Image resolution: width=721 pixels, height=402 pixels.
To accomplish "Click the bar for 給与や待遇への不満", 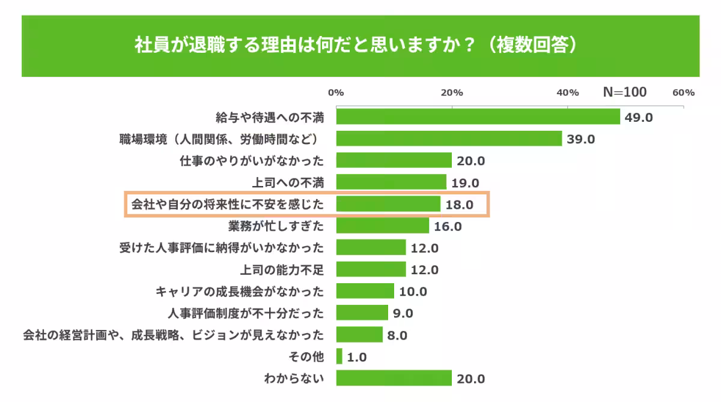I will pyautogui.click(x=478, y=117).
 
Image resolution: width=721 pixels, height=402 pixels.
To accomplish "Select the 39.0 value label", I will pyautogui.click(x=580, y=139).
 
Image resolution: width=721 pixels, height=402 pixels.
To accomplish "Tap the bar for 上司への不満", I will pyautogui.click(x=391, y=182).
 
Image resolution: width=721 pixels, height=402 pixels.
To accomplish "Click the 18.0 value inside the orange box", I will pyautogui.click(x=460, y=205).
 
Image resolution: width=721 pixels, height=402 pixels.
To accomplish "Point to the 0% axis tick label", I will pyautogui.click(x=335, y=92).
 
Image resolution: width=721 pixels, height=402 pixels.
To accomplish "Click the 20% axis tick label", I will pyautogui.click(x=451, y=92).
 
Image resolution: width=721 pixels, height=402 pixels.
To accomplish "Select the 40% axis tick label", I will pyautogui.click(x=567, y=92).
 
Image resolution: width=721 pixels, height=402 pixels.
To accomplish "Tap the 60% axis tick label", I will pyautogui.click(x=684, y=92).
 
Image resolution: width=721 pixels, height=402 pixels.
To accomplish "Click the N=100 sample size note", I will pyautogui.click(x=625, y=92).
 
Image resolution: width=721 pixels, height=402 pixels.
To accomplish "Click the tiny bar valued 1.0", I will pyautogui.click(x=339, y=356).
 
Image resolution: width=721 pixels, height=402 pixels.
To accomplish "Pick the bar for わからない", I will pyautogui.click(x=394, y=378).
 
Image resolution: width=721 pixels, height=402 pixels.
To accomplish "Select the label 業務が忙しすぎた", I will pyautogui.click(x=276, y=226).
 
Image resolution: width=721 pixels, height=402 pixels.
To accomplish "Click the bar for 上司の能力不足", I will pyautogui.click(x=371, y=269).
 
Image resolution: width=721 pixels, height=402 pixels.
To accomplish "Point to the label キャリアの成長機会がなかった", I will pyautogui.click(x=240, y=292).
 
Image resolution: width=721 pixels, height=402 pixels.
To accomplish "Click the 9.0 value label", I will pyautogui.click(x=403, y=313).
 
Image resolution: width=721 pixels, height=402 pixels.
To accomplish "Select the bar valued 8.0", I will pyautogui.click(x=359, y=335).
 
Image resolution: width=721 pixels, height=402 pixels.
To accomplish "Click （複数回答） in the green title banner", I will pyautogui.click(x=532, y=46).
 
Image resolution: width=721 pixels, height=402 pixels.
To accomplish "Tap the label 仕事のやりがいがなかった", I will pyautogui.click(x=252, y=161).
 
